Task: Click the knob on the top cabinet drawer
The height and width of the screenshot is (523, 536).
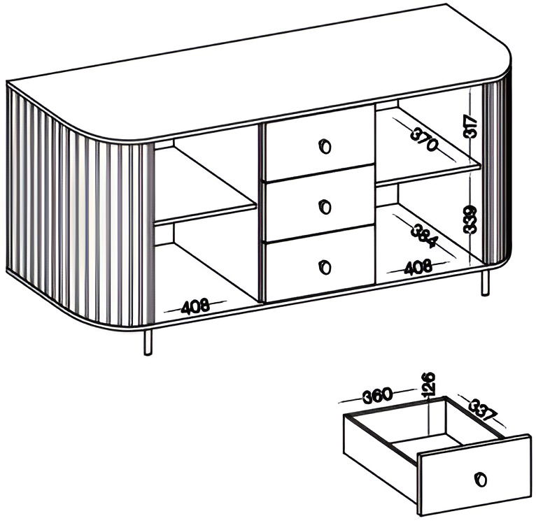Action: click(325, 147)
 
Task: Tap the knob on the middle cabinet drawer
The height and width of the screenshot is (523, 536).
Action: click(325, 207)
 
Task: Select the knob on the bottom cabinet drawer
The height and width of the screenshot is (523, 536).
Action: click(325, 267)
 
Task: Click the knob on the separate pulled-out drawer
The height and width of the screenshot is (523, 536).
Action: click(481, 479)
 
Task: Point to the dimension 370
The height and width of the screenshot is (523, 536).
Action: click(423, 139)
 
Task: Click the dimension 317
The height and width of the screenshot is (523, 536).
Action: click(470, 127)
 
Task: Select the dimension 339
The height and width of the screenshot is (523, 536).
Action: click(470, 220)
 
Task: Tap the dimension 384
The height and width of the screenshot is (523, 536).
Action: click(423, 236)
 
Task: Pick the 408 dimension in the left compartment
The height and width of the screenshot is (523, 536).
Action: click(195, 306)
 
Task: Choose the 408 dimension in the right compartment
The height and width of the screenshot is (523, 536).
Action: click(418, 267)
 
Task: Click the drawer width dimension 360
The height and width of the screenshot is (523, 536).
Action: click(377, 395)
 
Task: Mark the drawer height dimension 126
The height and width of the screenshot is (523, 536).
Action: click(428, 385)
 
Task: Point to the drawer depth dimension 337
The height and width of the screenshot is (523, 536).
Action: click(482, 409)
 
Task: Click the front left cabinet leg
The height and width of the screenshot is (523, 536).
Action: click(148, 343)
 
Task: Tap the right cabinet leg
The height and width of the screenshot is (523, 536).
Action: click(486, 282)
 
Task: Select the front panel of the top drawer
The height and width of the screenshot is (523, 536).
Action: click(320, 143)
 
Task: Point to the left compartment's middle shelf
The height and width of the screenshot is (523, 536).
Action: click(205, 215)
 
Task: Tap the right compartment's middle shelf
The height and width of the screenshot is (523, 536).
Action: click(429, 176)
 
